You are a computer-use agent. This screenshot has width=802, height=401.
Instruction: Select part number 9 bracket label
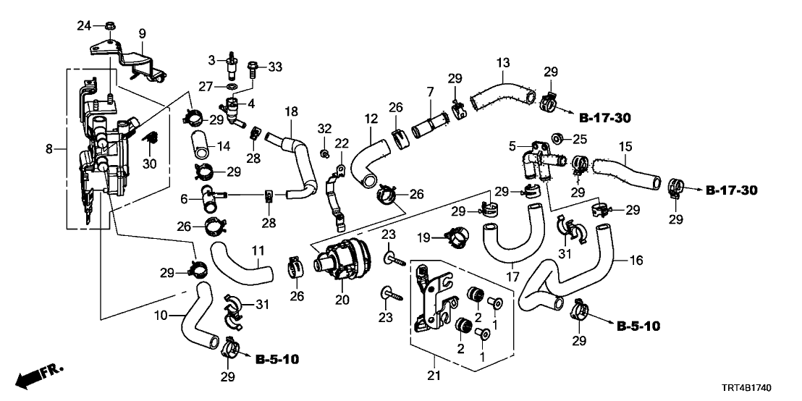pyautogui.click(x=142, y=33)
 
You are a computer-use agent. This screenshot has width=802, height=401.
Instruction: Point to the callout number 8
pyautogui.click(x=48, y=150)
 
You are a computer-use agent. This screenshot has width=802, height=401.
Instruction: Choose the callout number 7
pyautogui.click(x=430, y=93)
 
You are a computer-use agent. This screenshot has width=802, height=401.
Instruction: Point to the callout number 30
pyautogui.click(x=149, y=163)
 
